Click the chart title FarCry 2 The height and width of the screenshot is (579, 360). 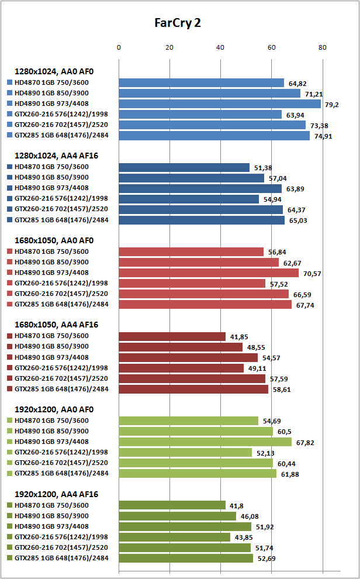pyautogui.click(x=178, y=23)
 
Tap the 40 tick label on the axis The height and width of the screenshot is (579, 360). pyautogui.click(x=220, y=47)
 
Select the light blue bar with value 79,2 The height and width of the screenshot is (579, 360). pyautogui.click(x=220, y=104)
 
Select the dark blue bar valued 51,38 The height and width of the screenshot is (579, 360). pyautogui.click(x=184, y=168)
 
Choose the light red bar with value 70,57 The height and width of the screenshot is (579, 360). pyautogui.click(x=209, y=273)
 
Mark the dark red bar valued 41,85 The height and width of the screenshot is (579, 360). pyautogui.click(x=172, y=336)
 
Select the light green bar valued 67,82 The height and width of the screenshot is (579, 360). pyautogui.click(x=205, y=442)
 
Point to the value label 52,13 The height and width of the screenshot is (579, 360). pyautogui.click(x=282, y=453)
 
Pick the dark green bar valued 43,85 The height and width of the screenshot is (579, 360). pyautogui.click(x=175, y=537)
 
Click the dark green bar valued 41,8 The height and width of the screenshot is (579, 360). pyautogui.click(x=172, y=505)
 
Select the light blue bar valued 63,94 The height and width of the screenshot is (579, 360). pyautogui.click(x=200, y=115)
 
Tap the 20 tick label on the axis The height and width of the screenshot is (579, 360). pyautogui.click(x=169, y=47)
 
